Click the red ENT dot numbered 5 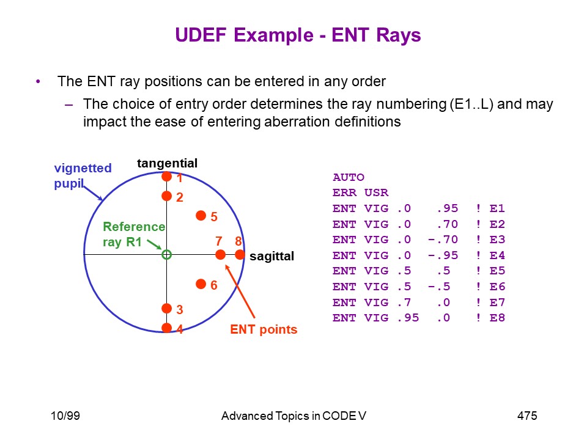point(201,216)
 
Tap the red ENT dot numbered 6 point(201,284)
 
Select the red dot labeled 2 point(166,196)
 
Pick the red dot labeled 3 point(166,308)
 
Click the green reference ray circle point(166,255)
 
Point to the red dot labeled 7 point(221,255)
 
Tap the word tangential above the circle point(167,164)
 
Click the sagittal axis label point(271,256)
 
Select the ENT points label point(264,329)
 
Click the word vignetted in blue point(83,169)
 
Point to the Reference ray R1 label point(134,234)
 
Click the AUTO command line point(348,177)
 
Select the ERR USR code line point(361,193)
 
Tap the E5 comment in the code point(497,271)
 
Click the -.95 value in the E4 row point(443,255)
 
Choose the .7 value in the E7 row point(404,302)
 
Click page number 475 point(527,416)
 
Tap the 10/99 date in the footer point(65,416)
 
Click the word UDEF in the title point(201,35)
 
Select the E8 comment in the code point(497,318)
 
